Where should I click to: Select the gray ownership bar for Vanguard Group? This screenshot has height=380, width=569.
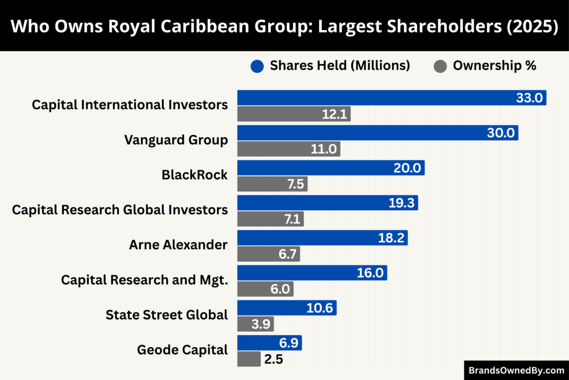pyautogui.click(x=288, y=149)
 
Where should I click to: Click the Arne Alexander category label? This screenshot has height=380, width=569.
pyautogui.click(x=178, y=245)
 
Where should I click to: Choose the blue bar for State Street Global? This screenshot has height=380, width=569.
pyautogui.click(x=287, y=308)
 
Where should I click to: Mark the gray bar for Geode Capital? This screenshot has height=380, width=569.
pyautogui.click(x=248, y=359)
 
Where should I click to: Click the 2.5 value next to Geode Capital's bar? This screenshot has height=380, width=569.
pyautogui.click(x=273, y=359)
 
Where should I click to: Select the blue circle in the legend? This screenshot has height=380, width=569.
pyautogui.click(x=256, y=66)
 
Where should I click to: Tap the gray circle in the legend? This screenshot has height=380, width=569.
pyautogui.click(x=440, y=66)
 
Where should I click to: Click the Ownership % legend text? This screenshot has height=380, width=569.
pyautogui.click(x=495, y=66)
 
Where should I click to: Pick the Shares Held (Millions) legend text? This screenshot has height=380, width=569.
pyautogui.click(x=340, y=66)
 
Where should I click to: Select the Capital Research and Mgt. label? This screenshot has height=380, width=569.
pyautogui.click(x=144, y=280)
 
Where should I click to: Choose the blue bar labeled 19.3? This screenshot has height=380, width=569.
pyautogui.click(x=327, y=203)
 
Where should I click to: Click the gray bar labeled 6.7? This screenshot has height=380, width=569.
pyautogui.click(x=268, y=254)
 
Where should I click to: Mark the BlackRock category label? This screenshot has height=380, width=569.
pyautogui.click(x=194, y=175)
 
